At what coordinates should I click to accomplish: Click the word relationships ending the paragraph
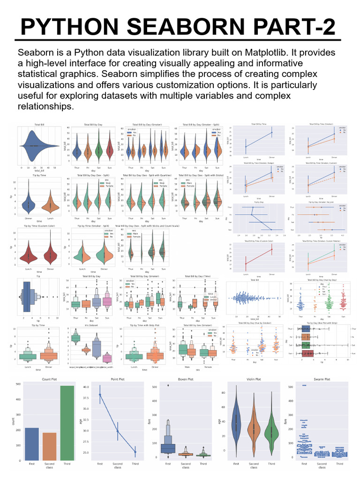click(45, 106)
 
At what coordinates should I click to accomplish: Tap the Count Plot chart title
click(50, 378)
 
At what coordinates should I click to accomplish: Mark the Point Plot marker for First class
click(100, 395)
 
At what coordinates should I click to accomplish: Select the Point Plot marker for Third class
click(135, 452)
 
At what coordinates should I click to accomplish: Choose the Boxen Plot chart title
click(186, 378)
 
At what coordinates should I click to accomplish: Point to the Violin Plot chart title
click(254, 378)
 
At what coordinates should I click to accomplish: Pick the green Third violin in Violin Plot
click(271, 434)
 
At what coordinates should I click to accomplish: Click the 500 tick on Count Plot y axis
click(17, 384)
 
